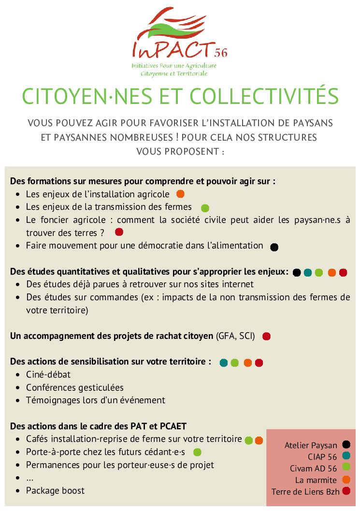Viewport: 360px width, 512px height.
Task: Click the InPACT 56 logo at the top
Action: click(x=180, y=41)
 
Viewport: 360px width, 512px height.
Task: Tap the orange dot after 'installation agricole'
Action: click(x=181, y=194)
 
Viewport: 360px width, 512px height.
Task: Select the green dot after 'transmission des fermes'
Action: click(x=205, y=208)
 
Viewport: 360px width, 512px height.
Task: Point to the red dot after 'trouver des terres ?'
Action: click(x=119, y=232)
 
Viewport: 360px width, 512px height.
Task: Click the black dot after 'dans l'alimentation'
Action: click(x=274, y=247)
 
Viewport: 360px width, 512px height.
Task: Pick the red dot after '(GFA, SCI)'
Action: click(x=266, y=336)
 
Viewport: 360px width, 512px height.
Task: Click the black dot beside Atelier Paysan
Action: click(x=346, y=444)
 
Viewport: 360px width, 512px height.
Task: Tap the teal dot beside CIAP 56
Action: click(x=346, y=455)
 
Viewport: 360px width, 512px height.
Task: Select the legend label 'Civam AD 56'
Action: click(x=313, y=468)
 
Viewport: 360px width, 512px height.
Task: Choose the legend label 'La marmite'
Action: click(x=316, y=480)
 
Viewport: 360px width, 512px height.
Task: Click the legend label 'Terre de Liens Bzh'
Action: click(x=305, y=492)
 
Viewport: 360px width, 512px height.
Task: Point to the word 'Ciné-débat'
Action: click(x=48, y=375)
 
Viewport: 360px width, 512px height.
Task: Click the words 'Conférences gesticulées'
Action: click(x=75, y=388)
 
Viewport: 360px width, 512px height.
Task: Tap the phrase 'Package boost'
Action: click(x=55, y=491)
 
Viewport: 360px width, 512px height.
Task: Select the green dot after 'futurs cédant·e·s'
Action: click(x=197, y=453)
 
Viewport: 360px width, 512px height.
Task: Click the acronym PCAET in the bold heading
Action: click(x=172, y=426)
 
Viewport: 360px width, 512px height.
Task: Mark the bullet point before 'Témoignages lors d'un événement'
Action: click(x=17, y=401)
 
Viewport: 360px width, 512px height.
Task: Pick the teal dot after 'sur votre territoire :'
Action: click(x=223, y=363)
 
